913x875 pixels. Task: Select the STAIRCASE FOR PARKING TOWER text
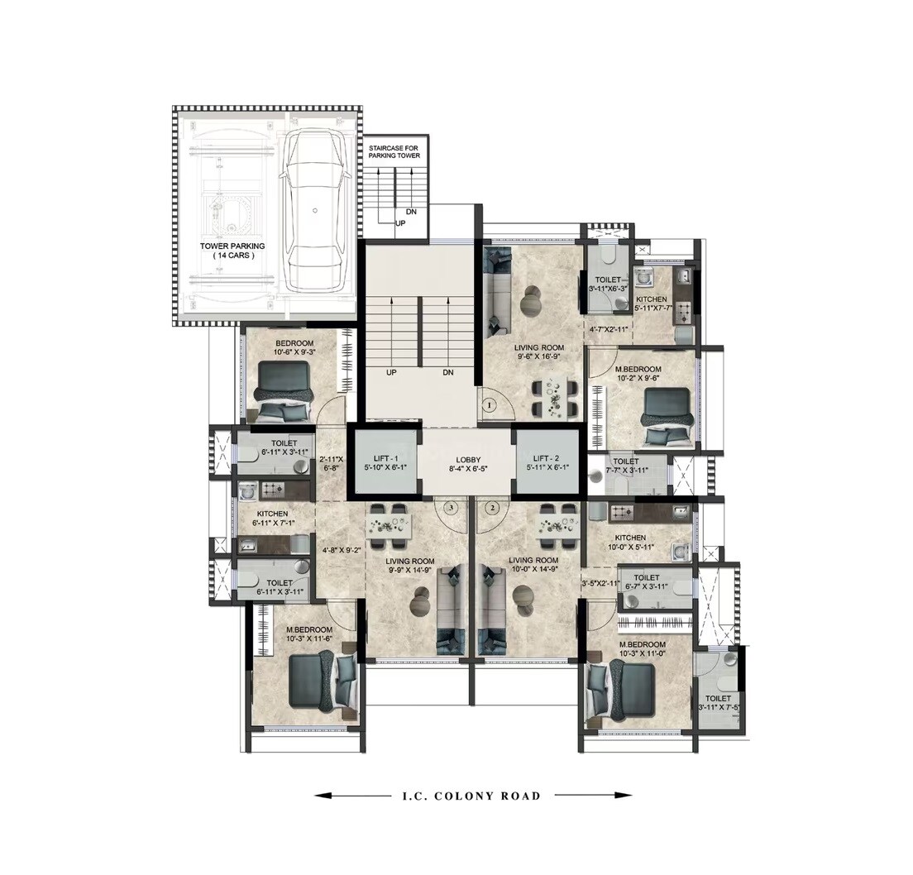394,151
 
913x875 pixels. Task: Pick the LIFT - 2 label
547,461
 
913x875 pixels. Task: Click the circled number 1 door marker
489,405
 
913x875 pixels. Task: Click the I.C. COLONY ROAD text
466,796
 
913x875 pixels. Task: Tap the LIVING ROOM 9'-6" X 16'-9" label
538,352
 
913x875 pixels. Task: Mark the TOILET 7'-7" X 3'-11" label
626,466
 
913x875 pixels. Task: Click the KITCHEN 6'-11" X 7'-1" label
272,518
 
